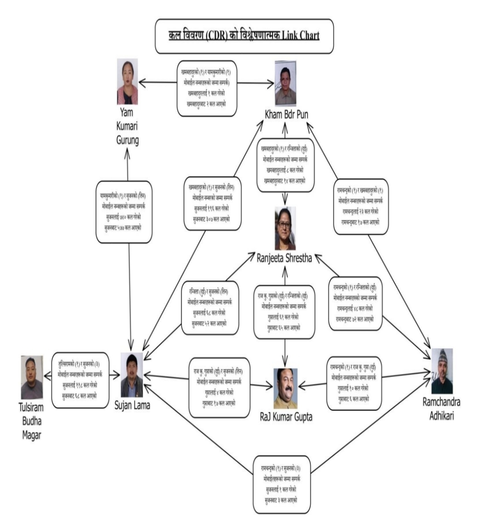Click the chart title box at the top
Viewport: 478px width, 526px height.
244,36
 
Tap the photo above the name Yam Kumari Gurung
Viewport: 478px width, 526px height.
127,82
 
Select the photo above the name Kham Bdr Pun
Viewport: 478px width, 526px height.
285,83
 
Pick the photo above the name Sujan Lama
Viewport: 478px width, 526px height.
132,375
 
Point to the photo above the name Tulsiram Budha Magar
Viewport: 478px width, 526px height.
32,378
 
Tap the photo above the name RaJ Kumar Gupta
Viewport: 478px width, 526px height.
285,388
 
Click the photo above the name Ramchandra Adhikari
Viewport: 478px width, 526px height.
442,371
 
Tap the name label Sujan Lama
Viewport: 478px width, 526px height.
132,405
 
